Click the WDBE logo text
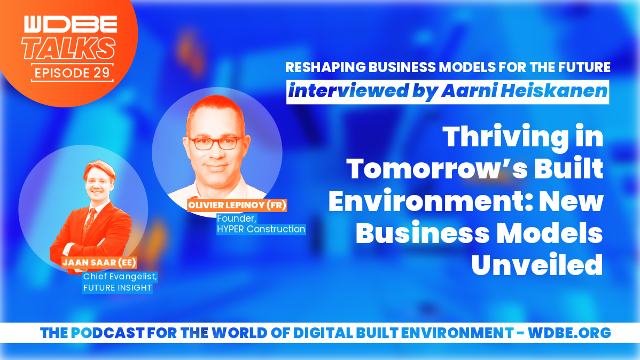71,24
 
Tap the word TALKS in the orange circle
68,49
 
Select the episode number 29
102,73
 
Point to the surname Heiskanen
554,91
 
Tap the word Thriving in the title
505,137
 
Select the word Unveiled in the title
537,265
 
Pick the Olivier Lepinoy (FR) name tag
237,205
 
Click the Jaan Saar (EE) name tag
99,262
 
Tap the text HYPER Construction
261,229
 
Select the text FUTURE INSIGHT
118,288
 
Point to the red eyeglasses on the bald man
215,143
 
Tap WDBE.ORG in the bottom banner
569,333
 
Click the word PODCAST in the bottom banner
107,333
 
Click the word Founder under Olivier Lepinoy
236,218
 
